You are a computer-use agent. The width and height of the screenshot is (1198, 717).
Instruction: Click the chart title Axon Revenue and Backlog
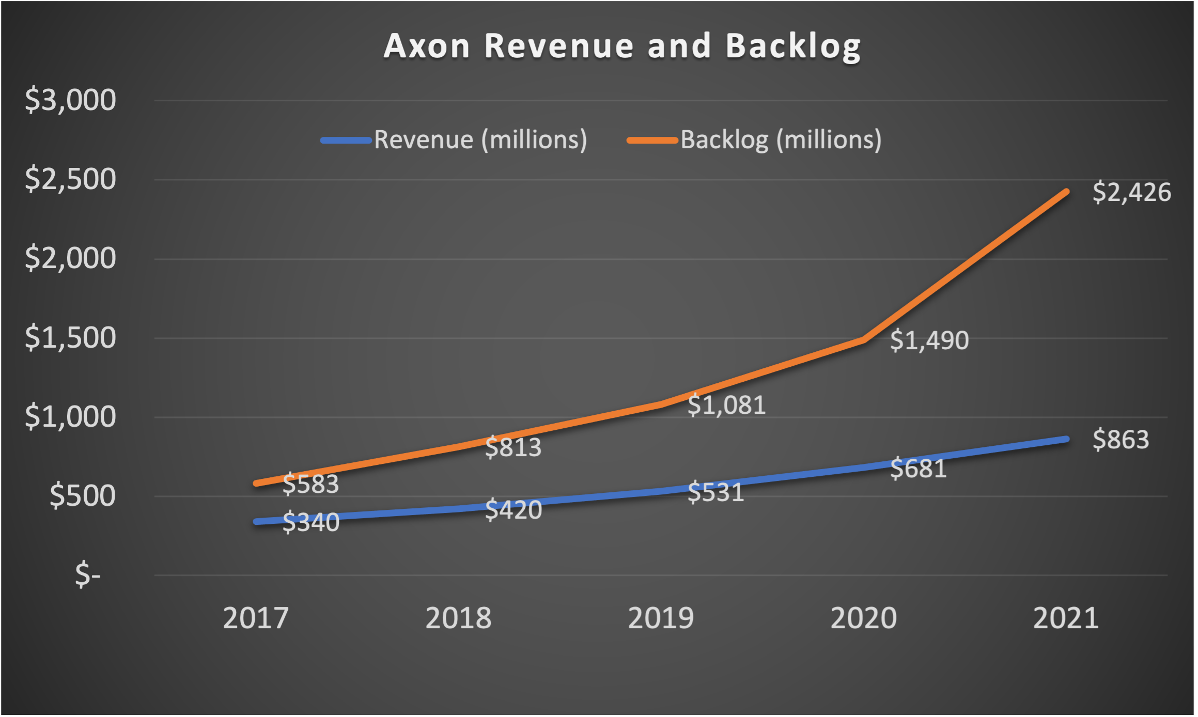click(622, 46)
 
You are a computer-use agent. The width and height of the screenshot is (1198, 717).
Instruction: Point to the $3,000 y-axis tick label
click(71, 100)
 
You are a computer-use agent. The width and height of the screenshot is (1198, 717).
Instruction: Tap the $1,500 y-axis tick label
click(71, 338)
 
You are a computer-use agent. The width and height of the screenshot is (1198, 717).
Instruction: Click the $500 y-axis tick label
click(83, 496)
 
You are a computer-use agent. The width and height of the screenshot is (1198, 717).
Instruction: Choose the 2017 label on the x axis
click(255, 618)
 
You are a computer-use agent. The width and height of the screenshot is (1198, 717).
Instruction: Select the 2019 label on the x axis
click(661, 618)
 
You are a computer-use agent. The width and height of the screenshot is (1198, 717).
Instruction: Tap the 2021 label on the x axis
click(1066, 618)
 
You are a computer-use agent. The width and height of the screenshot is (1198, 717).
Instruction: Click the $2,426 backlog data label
click(1131, 192)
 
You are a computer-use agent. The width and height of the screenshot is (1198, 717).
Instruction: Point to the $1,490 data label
click(929, 340)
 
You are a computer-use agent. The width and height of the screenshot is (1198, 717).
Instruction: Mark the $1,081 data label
click(726, 405)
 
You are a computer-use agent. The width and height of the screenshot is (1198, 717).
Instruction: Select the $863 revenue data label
click(1121, 440)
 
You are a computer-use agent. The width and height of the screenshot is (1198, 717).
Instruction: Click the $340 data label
click(311, 522)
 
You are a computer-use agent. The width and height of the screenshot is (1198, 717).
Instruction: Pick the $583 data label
click(310, 484)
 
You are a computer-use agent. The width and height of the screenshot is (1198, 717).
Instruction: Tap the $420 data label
click(514, 510)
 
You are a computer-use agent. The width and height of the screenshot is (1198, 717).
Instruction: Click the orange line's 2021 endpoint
click(1066, 192)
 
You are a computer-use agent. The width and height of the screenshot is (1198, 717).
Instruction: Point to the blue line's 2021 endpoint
click(1066, 439)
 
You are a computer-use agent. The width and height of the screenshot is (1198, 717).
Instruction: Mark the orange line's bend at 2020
click(864, 339)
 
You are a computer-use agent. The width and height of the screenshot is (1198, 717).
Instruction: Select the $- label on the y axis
click(88, 575)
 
